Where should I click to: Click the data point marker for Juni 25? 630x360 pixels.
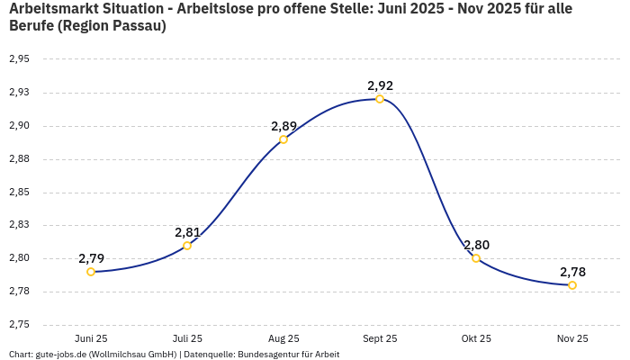pos(91,272)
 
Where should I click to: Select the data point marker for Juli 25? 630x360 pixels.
pos(187,246)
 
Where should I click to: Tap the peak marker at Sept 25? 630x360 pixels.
pos(380,99)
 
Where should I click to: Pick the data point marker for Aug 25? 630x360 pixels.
pos(283,139)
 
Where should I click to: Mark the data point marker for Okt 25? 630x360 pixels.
pos(476,258)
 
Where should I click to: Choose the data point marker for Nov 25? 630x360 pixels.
pos(572,285)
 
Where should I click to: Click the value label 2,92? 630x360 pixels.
pos(380,86)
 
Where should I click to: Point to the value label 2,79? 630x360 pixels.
pos(91,258)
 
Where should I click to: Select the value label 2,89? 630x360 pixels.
pos(283,126)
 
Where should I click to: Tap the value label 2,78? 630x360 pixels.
pos(572,272)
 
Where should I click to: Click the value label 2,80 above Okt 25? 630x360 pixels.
pos(476,245)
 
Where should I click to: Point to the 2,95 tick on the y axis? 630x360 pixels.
pos(19,59)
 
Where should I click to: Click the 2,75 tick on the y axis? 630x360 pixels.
pos(19,325)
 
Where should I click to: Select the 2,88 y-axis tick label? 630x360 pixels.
pos(19,159)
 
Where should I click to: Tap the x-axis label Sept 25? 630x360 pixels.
pos(380,339)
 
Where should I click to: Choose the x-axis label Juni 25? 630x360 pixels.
pos(91,339)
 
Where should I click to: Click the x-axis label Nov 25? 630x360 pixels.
pos(572,339)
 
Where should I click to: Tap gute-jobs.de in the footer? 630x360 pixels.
pos(59,355)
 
